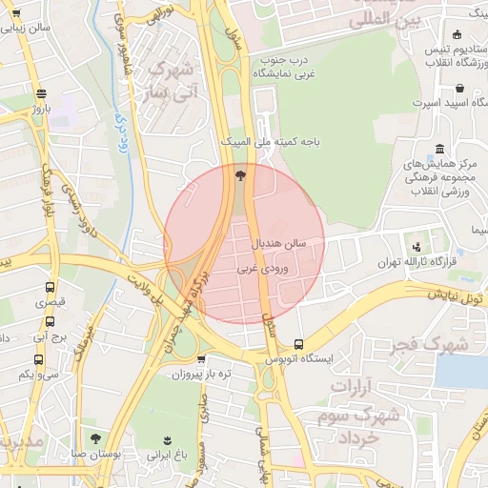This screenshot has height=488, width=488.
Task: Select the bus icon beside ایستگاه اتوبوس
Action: click(x=299, y=344)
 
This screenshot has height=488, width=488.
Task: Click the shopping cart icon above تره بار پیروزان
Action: click(x=201, y=359)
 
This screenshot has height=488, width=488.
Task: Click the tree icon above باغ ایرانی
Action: click(x=168, y=438)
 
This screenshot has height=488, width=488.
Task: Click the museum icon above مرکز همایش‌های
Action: click(x=438, y=150)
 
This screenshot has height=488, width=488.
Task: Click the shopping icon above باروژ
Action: click(x=40, y=93)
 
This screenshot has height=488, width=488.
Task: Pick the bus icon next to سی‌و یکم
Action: click(x=39, y=359)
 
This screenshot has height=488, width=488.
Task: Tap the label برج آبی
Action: click(x=48, y=336)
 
